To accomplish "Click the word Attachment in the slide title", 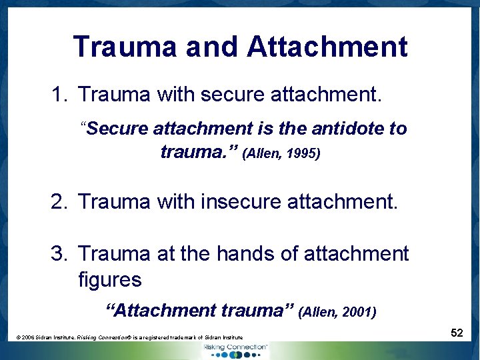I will tap(327, 47).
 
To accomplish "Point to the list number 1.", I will tap(58, 95).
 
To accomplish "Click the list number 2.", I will tap(58, 201).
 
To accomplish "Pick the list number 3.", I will tap(58, 253).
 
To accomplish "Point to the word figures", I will tap(110, 279).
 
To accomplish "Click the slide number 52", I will tap(457, 332).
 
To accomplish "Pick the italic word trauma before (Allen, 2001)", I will tap(254, 310).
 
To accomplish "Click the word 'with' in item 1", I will tap(175, 95).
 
